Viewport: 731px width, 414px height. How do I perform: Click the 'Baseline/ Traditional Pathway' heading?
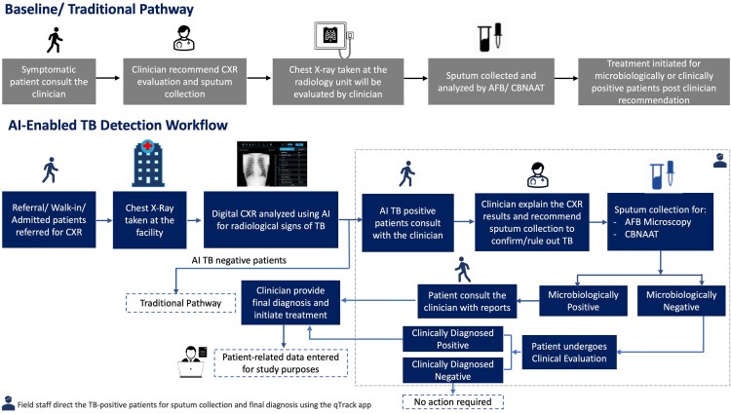98,10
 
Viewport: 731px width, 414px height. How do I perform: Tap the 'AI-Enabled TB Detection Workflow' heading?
118,125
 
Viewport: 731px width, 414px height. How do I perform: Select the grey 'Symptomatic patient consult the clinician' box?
49,82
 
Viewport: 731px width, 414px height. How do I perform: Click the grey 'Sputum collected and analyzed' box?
491,82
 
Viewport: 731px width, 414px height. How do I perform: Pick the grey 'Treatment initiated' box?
654,82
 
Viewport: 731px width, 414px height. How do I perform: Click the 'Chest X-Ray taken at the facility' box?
150,220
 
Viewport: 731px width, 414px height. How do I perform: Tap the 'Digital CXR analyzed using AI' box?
271,220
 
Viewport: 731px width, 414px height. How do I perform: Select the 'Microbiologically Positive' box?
583,301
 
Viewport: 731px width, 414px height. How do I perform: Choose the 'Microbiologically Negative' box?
681,301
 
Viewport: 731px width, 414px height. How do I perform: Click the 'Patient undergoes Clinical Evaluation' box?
569,352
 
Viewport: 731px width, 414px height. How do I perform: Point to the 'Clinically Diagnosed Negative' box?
452,370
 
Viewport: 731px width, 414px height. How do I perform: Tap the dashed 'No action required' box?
452,402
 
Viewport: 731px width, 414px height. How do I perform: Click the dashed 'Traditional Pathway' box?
180,303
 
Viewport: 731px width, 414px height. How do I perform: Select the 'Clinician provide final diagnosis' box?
290,302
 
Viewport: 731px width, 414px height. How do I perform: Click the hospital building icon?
148,164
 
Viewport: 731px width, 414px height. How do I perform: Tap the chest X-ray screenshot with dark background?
272,164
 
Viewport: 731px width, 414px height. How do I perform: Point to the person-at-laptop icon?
192,361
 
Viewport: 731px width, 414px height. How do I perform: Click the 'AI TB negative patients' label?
239,260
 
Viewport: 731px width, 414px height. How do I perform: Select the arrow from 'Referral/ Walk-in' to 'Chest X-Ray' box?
104,220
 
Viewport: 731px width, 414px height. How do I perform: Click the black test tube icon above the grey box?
490,37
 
